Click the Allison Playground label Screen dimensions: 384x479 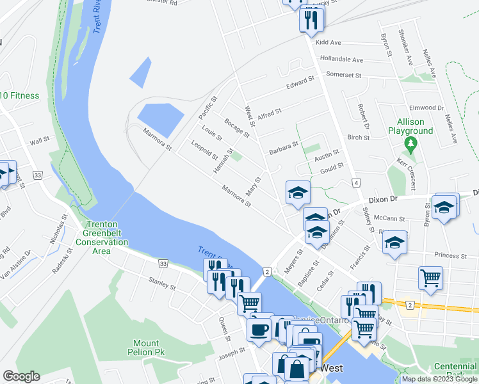[x=410, y=126]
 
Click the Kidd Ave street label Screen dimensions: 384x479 [x=329, y=42]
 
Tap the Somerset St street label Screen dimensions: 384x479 [x=344, y=75]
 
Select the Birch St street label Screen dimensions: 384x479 [x=358, y=138]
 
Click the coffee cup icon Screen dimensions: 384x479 [x=259, y=330]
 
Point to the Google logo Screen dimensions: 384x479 [x=21, y=376]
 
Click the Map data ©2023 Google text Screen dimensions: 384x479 [x=439, y=379]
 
